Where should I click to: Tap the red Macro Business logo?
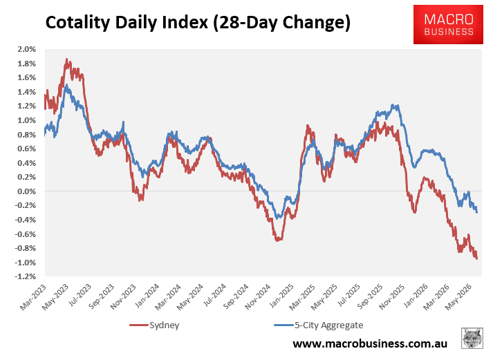[x=448, y=24]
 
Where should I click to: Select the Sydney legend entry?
[x=154, y=325]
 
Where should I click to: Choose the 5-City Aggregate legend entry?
[x=319, y=325]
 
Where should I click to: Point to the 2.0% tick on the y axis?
[x=27, y=49]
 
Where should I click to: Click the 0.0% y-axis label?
[x=27, y=191]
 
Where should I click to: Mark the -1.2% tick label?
[x=26, y=276]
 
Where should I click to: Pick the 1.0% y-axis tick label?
[x=27, y=120]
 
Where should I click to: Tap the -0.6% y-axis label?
[x=26, y=234]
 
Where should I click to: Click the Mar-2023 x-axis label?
[x=33, y=297]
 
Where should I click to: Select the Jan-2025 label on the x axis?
[x=281, y=297]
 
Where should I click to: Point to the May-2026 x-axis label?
[x=459, y=297]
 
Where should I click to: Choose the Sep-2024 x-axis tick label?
[x=236, y=297]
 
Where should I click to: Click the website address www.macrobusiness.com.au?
[x=370, y=343]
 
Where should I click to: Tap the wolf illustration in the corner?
[x=472, y=338]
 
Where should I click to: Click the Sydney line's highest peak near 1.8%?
[x=66, y=59]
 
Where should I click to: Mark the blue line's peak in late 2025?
[x=392, y=105]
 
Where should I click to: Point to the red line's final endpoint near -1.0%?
[x=477, y=258]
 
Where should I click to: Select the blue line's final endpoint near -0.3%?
[x=477, y=212]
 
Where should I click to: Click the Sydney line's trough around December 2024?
[x=277, y=240]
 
